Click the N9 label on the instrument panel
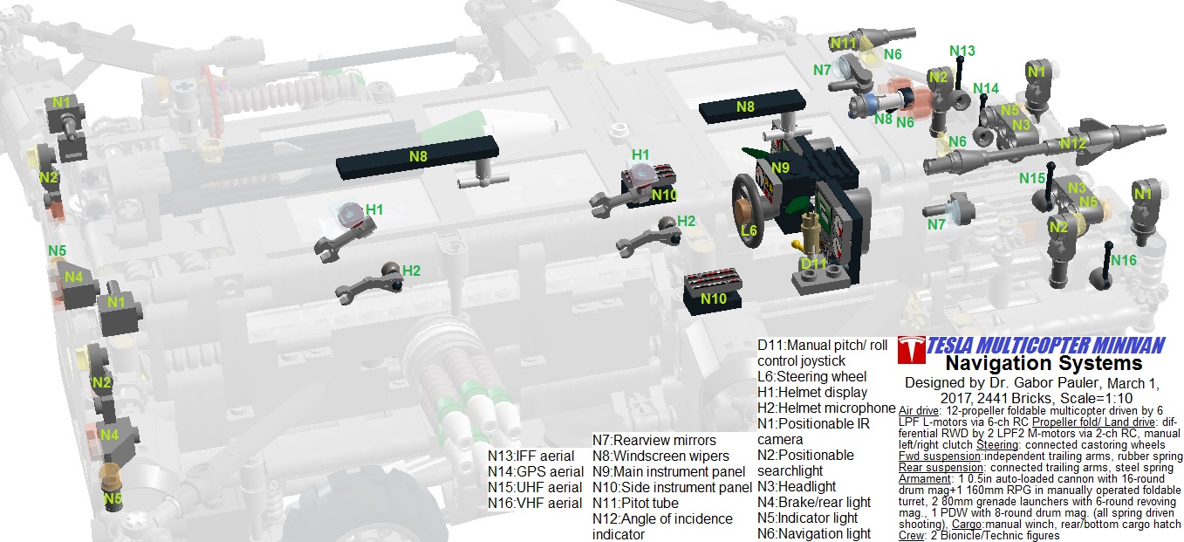click(780, 167)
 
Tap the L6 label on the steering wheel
click(749, 231)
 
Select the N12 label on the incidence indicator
click(1073, 143)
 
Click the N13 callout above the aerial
click(962, 51)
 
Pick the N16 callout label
click(1124, 260)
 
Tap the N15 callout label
click(1032, 178)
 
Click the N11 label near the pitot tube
click(844, 43)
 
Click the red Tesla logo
click(911, 349)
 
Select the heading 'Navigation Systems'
click(1044, 363)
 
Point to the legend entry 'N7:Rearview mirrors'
click(654, 440)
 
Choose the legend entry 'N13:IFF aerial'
click(530, 456)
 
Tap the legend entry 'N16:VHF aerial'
click(534, 504)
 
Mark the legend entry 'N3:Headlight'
click(797, 486)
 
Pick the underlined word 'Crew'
click(912, 536)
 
